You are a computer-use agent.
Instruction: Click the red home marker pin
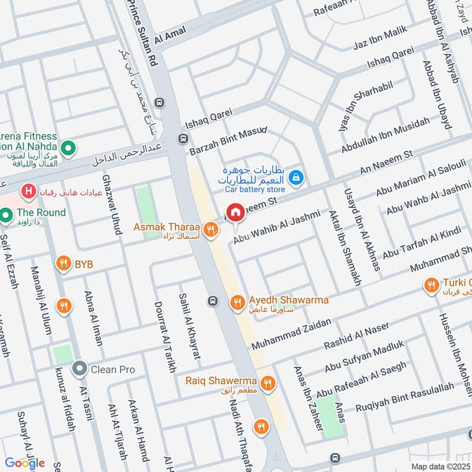[x=235, y=212]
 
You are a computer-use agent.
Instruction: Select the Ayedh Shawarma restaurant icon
[x=237, y=301]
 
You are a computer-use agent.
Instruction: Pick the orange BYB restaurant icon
[x=63, y=265]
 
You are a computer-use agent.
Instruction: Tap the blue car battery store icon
[x=296, y=176]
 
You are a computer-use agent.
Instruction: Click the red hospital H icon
[x=27, y=191]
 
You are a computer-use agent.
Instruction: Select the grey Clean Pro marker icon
[x=79, y=369]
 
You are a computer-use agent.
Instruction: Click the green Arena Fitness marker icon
[x=68, y=146]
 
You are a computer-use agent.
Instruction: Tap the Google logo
[x=25, y=463]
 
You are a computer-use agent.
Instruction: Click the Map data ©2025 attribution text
[x=440, y=467]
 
